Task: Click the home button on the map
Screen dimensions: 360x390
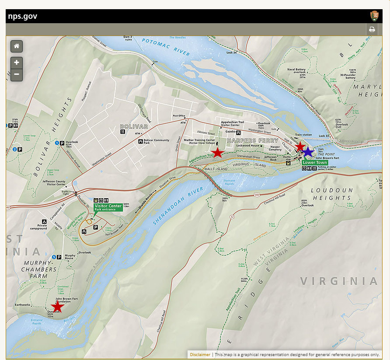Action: point(17,46)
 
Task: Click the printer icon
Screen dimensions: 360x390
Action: point(372,30)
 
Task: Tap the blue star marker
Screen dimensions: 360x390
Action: point(308,152)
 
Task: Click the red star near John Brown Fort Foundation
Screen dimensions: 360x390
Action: point(57,306)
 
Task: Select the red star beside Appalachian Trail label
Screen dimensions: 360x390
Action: point(218,152)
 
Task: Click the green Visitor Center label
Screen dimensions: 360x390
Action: point(108,207)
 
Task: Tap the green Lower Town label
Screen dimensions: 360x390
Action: point(315,162)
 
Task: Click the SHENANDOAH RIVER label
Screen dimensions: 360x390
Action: point(179,206)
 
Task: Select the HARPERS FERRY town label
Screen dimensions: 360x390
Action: point(252,140)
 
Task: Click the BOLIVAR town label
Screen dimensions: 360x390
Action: point(134,126)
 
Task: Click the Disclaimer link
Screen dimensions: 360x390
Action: point(199,355)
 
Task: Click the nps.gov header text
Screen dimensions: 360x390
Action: point(23,16)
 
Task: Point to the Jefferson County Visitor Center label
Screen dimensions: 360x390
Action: point(54,182)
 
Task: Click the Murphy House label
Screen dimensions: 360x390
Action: point(70,257)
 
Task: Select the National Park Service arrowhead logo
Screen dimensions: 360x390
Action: point(374,16)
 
